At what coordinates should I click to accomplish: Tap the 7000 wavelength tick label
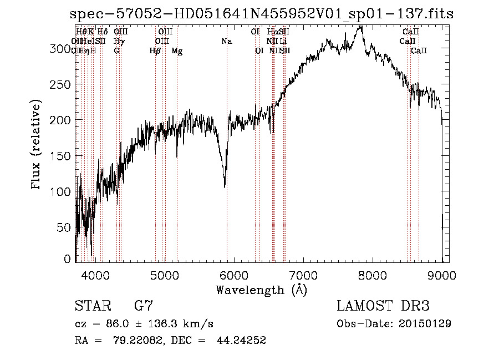tap(303, 274)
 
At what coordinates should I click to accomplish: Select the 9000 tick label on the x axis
tap(442, 274)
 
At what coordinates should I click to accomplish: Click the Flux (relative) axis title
tap(37, 145)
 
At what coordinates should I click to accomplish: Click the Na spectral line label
tap(226, 42)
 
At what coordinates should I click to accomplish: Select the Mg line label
tap(177, 51)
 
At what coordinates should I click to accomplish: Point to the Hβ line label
tap(155, 51)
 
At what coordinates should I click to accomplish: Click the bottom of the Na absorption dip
tap(225, 187)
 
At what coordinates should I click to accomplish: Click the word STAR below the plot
tap(92, 306)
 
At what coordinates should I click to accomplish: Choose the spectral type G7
tap(143, 306)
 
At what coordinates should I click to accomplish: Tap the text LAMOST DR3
tap(383, 306)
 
